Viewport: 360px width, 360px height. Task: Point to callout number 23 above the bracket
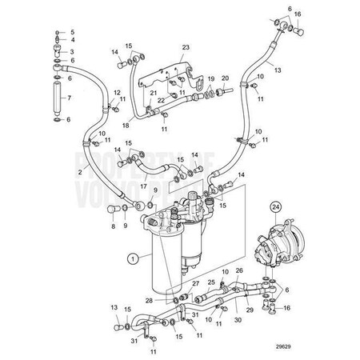(185, 48)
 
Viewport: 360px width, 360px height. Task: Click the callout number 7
(69, 98)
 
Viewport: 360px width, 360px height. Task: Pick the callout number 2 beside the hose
(80, 172)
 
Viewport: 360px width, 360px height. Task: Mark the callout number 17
(144, 187)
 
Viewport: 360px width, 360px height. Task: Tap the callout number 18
(125, 125)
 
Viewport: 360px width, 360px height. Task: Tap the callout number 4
(72, 38)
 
